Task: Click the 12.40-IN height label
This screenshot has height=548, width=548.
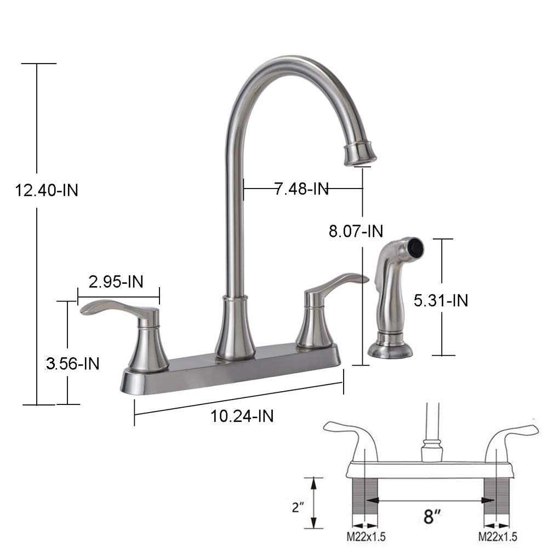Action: tap(47, 190)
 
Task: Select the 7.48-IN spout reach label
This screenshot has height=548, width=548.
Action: tap(301, 189)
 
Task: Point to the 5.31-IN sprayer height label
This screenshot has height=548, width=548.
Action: tap(442, 300)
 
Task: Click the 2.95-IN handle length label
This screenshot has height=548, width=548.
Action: tap(116, 282)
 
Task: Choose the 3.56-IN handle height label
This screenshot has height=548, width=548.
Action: tap(73, 363)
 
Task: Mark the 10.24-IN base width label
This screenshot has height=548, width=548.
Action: tap(242, 416)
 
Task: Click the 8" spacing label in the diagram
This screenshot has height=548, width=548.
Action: tap(431, 516)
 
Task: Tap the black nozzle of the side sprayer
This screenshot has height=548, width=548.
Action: tap(416, 248)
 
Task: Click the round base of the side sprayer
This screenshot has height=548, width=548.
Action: tap(390, 350)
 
